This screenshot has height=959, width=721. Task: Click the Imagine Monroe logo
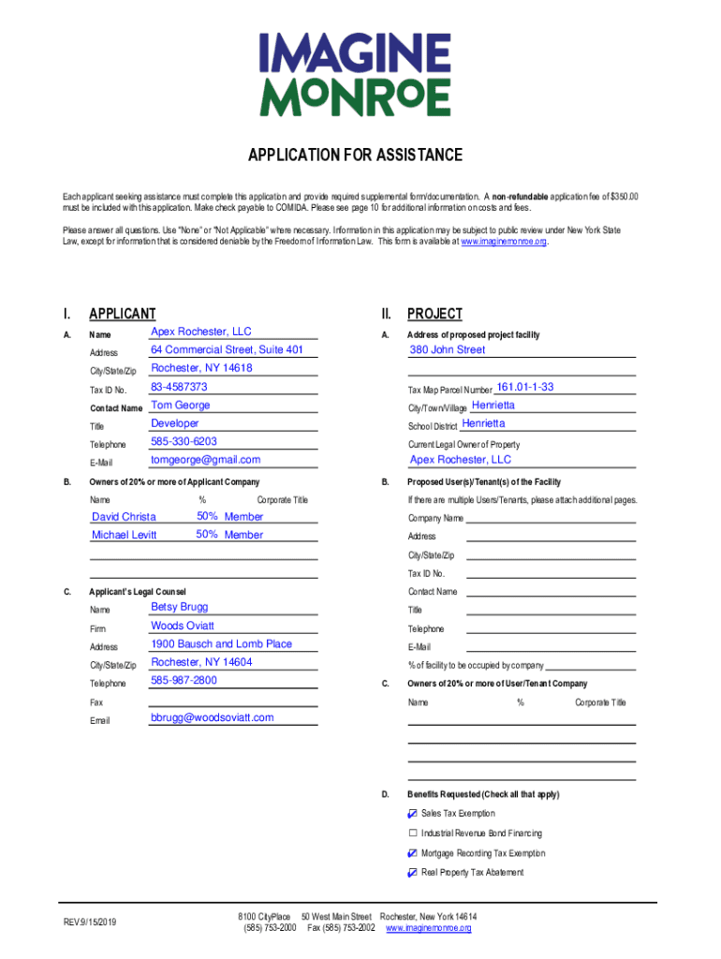(360, 75)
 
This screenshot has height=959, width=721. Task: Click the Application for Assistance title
(355, 155)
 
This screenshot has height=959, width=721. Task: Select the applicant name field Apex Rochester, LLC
(201, 332)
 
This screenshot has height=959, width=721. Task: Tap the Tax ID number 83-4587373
(179, 387)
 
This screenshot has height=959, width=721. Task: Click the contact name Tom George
(181, 406)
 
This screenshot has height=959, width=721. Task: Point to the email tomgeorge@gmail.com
(205, 460)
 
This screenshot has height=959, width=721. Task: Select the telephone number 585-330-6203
(184, 441)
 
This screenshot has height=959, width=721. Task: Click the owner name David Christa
(124, 517)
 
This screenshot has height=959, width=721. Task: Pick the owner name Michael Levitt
(125, 535)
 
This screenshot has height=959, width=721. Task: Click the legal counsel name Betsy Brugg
(180, 607)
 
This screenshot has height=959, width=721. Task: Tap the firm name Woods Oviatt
(183, 626)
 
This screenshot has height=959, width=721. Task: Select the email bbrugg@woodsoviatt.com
(212, 717)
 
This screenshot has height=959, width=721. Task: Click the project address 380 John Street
(448, 350)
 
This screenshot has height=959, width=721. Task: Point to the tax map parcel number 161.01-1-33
(524, 387)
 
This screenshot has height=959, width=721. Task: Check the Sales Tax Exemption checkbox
(413, 814)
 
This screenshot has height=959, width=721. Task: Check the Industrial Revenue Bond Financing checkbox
(413, 834)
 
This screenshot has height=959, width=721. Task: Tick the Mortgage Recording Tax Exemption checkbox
(413, 853)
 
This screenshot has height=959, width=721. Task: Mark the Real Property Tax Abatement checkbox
(413, 873)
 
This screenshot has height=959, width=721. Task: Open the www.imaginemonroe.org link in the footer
(429, 928)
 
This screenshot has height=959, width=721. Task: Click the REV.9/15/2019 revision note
(92, 922)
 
